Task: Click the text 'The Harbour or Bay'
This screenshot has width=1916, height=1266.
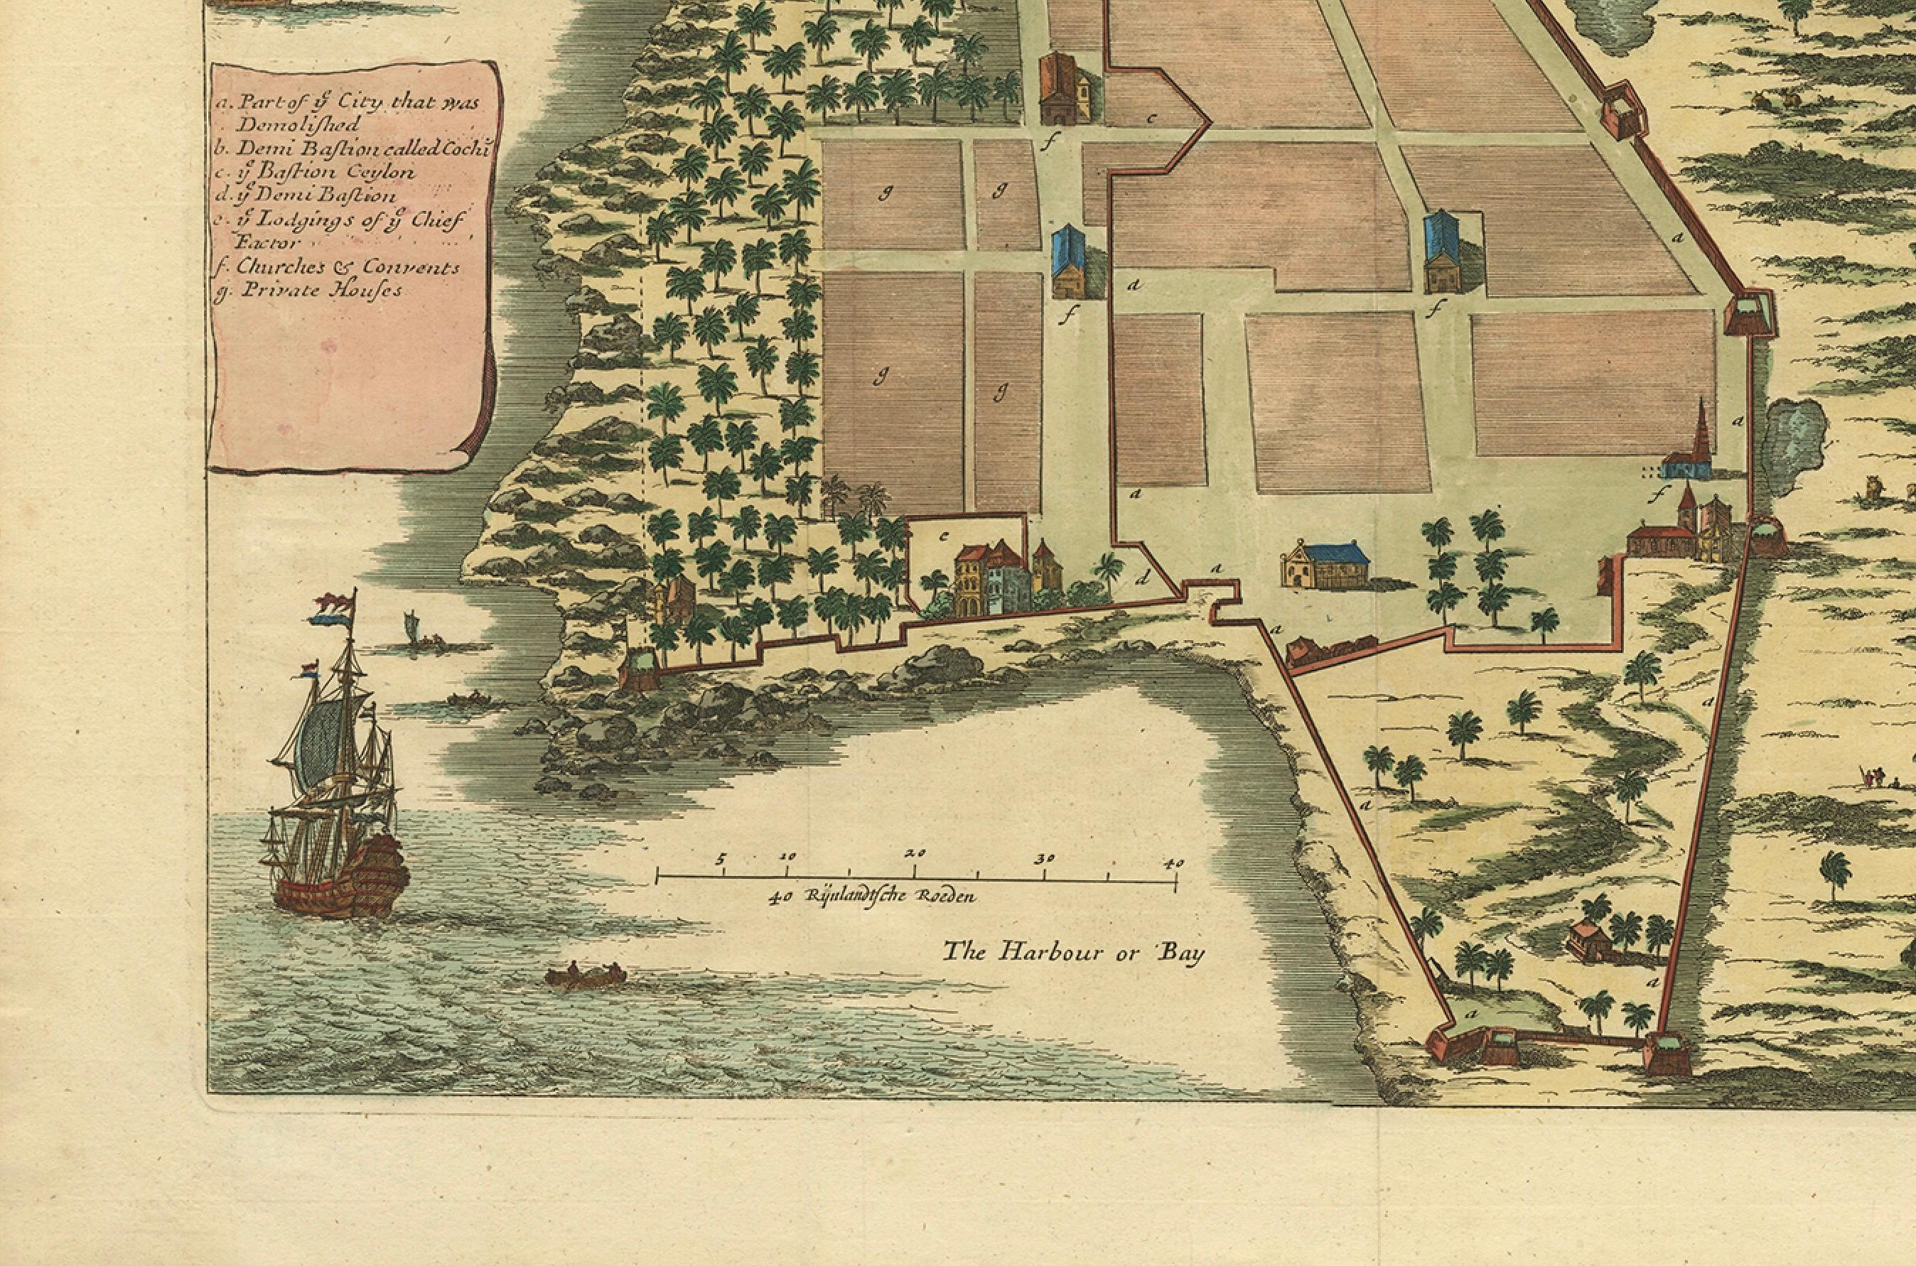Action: coord(1075,953)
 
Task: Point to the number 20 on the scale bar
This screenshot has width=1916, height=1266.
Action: coord(915,853)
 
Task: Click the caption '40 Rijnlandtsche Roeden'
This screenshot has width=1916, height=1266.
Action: coord(873,896)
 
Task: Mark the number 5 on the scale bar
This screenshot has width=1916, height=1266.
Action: coord(721,858)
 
